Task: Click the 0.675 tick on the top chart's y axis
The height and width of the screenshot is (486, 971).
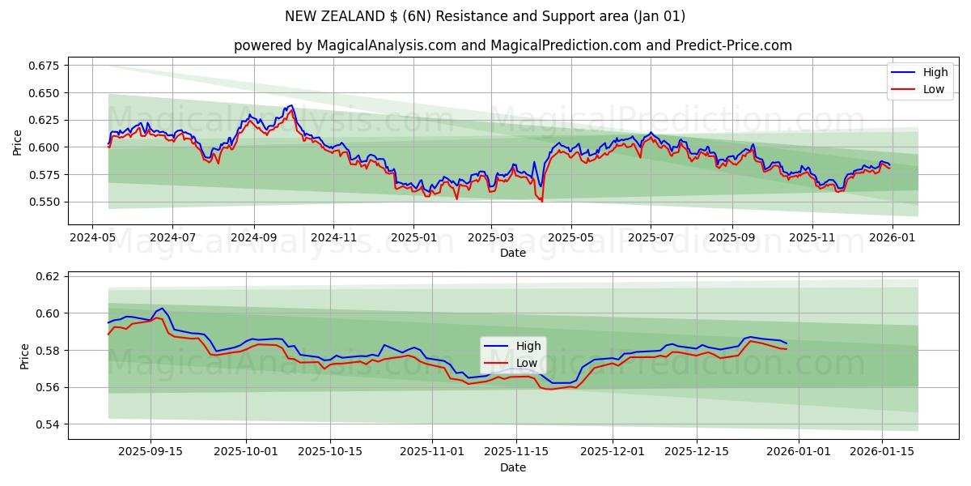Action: point(47,66)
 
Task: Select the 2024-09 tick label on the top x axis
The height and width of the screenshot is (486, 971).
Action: point(253,237)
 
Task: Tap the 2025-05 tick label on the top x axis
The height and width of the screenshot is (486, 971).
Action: point(571,237)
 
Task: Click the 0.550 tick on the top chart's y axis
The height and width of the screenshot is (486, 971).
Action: point(47,202)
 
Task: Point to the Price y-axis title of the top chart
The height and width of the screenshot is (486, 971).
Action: point(18,143)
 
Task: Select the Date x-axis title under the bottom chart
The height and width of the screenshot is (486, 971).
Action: point(512,467)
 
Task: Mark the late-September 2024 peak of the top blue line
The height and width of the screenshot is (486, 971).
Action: point(291,105)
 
